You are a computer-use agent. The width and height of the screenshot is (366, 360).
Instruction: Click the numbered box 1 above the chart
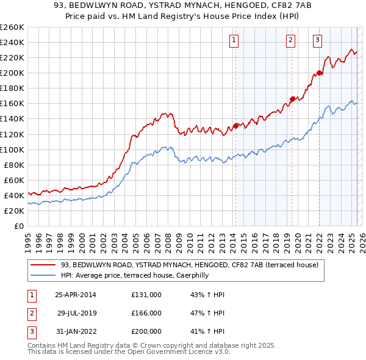(x=234, y=41)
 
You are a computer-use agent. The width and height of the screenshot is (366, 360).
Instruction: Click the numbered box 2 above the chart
(x=290, y=41)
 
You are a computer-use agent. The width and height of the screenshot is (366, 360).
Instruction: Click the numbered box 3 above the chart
(x=318, y=41)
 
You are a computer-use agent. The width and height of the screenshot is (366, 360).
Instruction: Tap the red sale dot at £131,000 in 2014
(x=235, y=126)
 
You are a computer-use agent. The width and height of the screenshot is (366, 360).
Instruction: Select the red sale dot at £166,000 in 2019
(x=292, y=99)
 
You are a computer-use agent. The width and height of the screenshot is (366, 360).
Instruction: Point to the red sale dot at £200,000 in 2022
(x=319, y=73)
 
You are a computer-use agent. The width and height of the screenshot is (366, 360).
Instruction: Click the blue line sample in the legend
(x=43, y=275)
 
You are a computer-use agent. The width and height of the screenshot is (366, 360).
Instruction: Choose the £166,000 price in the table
(x=146, y=313)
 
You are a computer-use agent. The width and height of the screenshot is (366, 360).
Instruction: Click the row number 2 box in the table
(x=30, y=313)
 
